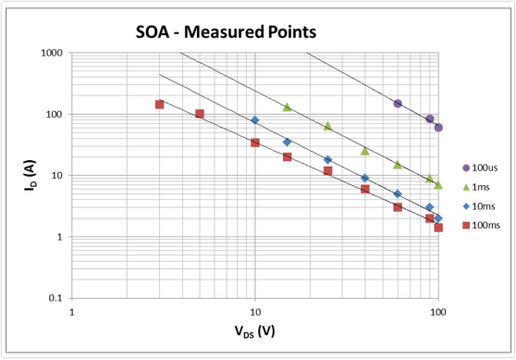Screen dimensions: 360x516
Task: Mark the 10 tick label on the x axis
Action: [x=254, y=312]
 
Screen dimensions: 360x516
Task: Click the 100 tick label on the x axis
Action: [x=437, y=312]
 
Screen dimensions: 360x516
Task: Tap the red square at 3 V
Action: [x=159, y=105]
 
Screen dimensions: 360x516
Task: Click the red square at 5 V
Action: [x=200, y=114]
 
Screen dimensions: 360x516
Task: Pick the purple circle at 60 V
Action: [x=398, y=104]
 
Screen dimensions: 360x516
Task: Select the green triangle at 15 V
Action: [x=287, y=106]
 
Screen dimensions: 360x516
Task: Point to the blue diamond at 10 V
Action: [x=255, y=120]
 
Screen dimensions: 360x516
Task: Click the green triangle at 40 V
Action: [x=365, y=150]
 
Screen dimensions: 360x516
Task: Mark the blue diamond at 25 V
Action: [x=327, y=160]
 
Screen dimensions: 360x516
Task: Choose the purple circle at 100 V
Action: [x=438, y=128]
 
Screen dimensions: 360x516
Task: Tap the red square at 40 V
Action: [x=365, y=189]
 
